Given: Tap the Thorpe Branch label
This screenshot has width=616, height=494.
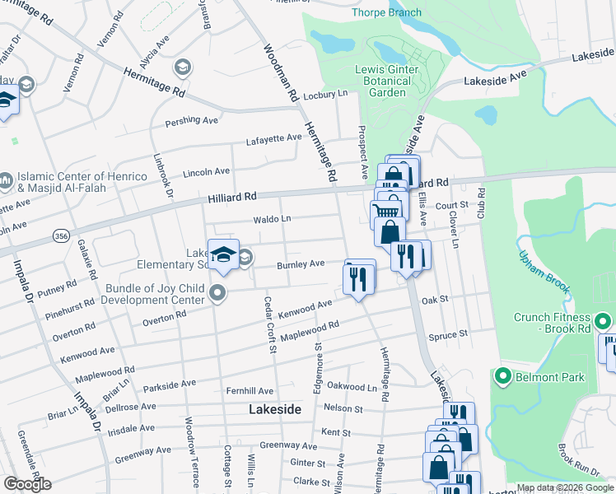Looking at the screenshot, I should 386,12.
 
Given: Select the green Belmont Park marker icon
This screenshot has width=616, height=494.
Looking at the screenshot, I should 502,377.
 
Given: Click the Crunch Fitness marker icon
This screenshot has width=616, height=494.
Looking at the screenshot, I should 602,321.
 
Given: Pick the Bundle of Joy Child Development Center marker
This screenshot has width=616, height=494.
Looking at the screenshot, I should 217,292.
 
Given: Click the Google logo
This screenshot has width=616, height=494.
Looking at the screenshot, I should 28,484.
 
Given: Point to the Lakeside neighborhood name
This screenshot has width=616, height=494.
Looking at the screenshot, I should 274,408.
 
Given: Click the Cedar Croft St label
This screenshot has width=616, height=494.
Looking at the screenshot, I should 268,324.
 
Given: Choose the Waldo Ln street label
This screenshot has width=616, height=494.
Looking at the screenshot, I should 272,219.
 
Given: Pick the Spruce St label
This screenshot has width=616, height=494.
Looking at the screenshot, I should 448,334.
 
